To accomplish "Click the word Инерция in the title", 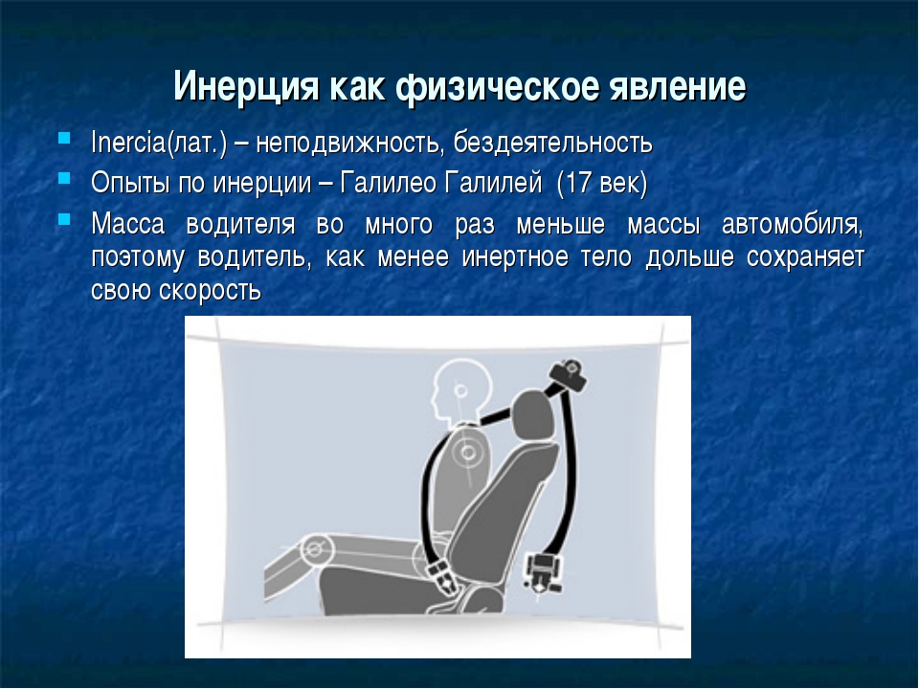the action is pos(247,87).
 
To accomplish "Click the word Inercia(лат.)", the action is pos(158,143).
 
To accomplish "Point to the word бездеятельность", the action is pos(552,143).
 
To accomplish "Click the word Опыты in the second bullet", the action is pos(129,184).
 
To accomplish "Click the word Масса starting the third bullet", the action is pos(127,224).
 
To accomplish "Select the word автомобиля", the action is pos(793,225).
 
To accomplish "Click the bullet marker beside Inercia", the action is pos(64,139).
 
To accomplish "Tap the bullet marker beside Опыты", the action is pos(64,178).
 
